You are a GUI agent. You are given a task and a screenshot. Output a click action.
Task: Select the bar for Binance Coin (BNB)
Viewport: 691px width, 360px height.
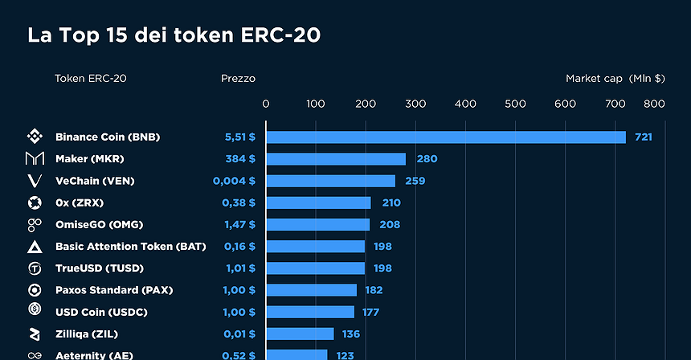pos(445,137)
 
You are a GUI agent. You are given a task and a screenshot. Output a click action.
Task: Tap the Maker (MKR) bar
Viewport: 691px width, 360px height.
pos(335,159)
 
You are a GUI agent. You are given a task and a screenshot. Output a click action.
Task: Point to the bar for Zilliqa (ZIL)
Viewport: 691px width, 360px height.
pos(299,333)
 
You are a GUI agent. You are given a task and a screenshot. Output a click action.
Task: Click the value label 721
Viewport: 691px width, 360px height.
pos(643,137)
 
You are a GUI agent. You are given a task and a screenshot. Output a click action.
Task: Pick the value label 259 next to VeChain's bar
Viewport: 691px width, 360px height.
pos(415,181)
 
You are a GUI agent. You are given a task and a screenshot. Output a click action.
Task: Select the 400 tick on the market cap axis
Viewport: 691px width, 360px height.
pos(465,104)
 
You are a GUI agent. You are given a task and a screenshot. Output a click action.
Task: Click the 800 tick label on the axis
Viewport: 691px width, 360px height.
pos(653,104)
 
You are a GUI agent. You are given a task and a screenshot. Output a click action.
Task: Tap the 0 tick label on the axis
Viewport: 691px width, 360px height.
pos(266,104)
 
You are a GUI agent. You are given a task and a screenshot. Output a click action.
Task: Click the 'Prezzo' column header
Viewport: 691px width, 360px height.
pos(238,79)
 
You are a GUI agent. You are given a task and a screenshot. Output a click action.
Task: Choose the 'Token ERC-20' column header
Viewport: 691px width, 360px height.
pos(90,79)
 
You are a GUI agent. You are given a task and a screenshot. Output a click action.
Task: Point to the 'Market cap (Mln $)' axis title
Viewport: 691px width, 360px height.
pos(615,79)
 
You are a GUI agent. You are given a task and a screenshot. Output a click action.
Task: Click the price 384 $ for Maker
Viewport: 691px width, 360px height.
pos(240,159)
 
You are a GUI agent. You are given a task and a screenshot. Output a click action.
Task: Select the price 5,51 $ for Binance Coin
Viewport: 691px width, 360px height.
pos(239,137)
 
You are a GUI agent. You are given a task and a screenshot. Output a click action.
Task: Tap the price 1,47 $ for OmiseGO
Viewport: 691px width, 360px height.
pos(239,224)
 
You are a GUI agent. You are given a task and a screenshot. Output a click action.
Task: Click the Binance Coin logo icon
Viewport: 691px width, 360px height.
pos(35,137)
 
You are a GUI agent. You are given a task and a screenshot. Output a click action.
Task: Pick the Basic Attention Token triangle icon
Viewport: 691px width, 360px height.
pos(35,247)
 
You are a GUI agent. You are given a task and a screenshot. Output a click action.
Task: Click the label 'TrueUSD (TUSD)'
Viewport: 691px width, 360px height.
pos(100,268)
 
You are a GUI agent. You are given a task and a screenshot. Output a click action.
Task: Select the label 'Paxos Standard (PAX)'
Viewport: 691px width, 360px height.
pos(113,290)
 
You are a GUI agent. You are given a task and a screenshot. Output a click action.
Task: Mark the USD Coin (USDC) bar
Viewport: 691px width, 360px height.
pos(309,312)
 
